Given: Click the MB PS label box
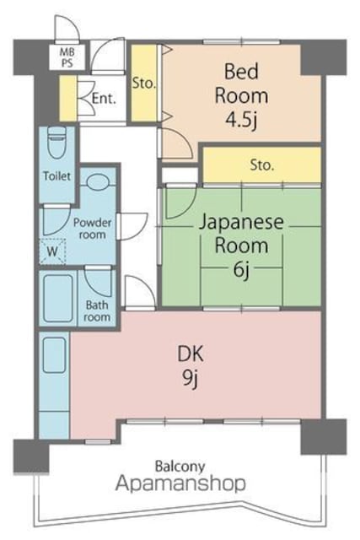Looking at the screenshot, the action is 67,57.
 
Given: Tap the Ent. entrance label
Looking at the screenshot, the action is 104,99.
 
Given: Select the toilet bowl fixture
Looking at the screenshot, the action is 56,142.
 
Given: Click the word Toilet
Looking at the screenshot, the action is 56,176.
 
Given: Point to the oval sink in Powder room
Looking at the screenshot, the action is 98,181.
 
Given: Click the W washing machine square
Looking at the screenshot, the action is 52,251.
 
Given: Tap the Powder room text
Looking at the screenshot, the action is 92,229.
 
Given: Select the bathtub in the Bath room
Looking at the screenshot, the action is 58,298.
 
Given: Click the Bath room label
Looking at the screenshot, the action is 97,311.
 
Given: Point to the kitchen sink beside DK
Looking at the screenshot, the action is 54,355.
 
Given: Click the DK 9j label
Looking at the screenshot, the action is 191,366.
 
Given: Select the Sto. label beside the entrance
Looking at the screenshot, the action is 144,83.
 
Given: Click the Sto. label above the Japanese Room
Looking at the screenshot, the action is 262,165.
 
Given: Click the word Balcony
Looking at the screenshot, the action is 180,467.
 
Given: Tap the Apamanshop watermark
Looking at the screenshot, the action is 180,483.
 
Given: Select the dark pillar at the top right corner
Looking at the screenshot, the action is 324,57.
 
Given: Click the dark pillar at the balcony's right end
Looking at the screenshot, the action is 324,437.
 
